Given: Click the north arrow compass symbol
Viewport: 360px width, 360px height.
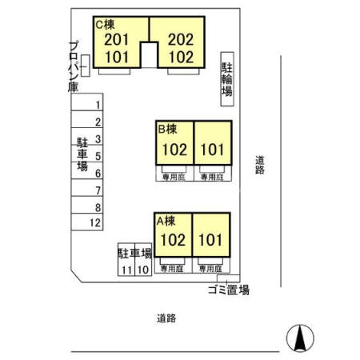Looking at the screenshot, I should (x=298, y=338).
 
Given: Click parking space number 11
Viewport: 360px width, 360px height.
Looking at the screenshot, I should (x=126, y=270).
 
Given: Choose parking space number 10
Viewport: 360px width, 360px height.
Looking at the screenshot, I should (x=142, y=270).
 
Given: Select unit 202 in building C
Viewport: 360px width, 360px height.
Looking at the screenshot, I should (x=181, y=38).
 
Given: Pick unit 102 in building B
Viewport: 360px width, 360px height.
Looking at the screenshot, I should (x=174, y=149).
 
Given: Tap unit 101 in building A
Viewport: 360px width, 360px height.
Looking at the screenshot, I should (x=211, y=239).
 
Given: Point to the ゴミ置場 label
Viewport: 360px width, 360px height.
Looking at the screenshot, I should (x=228, y=290).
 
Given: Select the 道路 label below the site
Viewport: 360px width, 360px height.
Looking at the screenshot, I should (x=166, y=318).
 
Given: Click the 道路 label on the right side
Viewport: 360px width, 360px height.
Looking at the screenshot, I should (x=260, y=165).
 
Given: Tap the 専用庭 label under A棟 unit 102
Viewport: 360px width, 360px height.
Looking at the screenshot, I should (x=174, y=270).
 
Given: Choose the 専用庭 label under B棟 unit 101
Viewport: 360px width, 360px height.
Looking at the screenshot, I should (x=211, y=178).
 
